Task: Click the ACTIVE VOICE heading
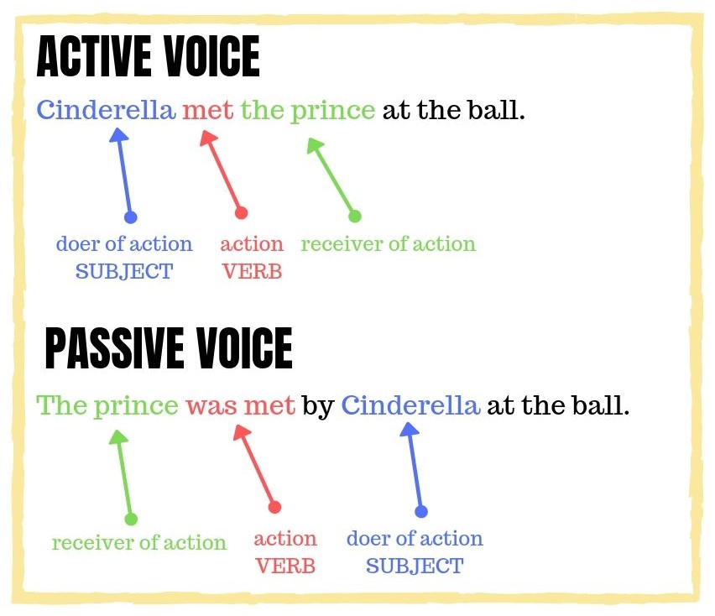(148, 56)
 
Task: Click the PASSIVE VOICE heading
(169, 348)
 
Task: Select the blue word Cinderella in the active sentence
(106, 110)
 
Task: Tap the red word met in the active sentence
(207, 111)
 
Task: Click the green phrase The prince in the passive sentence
(107, 406)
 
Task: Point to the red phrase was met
(240, 406)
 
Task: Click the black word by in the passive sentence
(318, 406)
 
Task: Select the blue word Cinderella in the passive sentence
(410, 405)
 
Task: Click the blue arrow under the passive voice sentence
(414, 470)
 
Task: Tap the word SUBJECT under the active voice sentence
(124, 271)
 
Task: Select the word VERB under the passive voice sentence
(285, 566)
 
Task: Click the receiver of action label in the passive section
(139, 543)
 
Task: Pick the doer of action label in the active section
(124, 243)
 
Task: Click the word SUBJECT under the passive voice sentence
(415, 566)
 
